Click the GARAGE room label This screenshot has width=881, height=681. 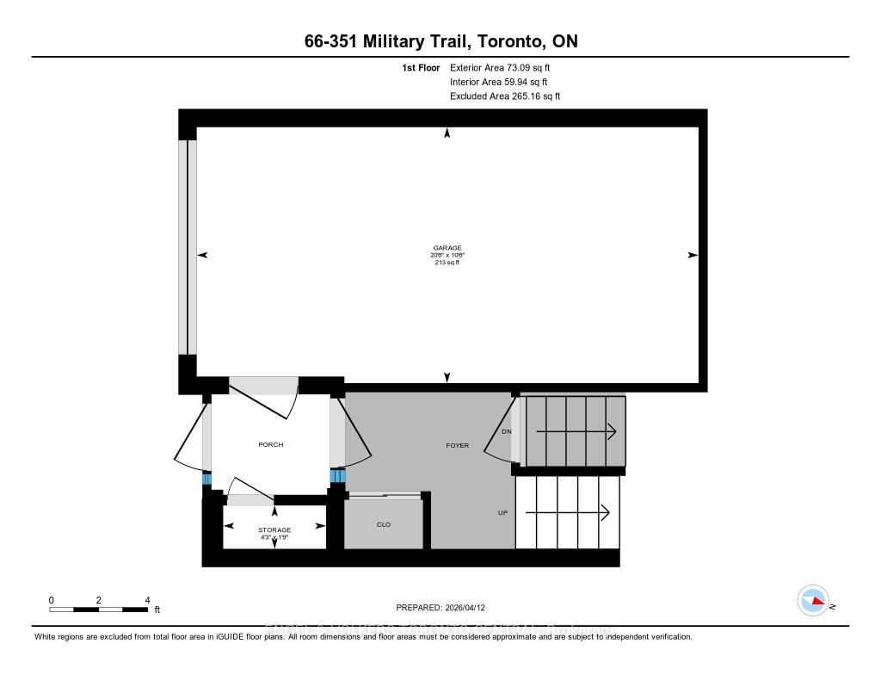[447, 248]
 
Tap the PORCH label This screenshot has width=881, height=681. [270, 445]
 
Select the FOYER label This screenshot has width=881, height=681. [457, 445]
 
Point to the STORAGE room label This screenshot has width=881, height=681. [274, 529]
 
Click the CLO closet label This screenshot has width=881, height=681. [384, 524]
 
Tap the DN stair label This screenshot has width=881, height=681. [506, 431]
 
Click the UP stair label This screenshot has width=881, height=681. [502, 512]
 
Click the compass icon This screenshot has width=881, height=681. [813, 600]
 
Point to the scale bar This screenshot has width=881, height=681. [99, 610]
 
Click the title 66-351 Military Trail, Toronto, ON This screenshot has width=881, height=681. [440, 42]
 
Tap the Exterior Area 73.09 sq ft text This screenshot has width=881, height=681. [505, 67]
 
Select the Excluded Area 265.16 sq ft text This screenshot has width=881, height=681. [505, 96]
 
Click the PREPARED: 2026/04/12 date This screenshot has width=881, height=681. [447, 607]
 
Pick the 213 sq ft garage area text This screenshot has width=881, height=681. [447, 263]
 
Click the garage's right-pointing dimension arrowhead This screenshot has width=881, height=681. [693, 255]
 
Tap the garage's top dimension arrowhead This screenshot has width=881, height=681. [447, 133]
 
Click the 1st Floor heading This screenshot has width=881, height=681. [421, 67]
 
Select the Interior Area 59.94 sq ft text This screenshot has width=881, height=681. [504, 82]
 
